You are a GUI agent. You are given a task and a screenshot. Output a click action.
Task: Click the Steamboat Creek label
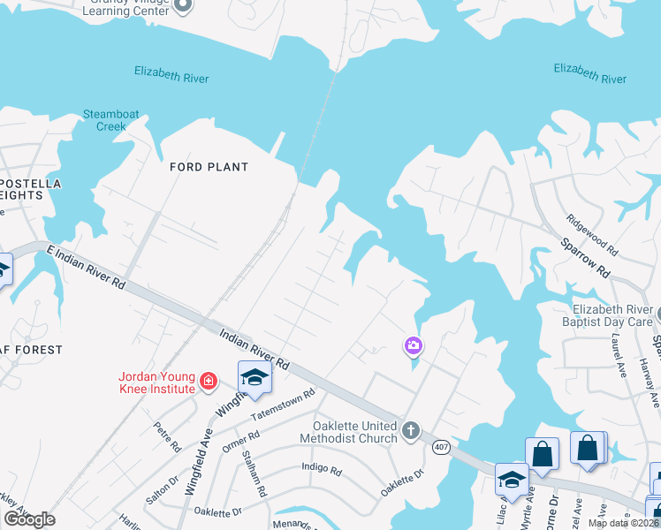click(x=105, y=120)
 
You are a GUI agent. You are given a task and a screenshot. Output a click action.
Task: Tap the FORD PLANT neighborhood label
click(x=209, y=167)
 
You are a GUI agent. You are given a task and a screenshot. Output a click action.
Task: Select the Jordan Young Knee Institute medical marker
click(x=209, y=382)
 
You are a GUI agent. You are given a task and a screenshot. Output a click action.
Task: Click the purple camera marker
click(x=413, y=345)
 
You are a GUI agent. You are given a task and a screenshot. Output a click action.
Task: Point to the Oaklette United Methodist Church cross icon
click(x=410, y=431)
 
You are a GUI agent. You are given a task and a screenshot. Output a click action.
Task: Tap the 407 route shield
click(x=441, y=447)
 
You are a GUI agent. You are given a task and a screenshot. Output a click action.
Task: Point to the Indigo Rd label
click(x=321, y=469)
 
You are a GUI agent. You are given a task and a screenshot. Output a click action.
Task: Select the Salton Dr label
click(x=156, y=488)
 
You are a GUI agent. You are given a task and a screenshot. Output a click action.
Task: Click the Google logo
click(x=30, y=519)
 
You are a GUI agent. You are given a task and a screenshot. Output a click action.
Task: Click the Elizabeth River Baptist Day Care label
click(x=612, y=315)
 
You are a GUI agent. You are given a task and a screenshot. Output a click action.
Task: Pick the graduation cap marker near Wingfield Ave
click(x=254, y=377)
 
